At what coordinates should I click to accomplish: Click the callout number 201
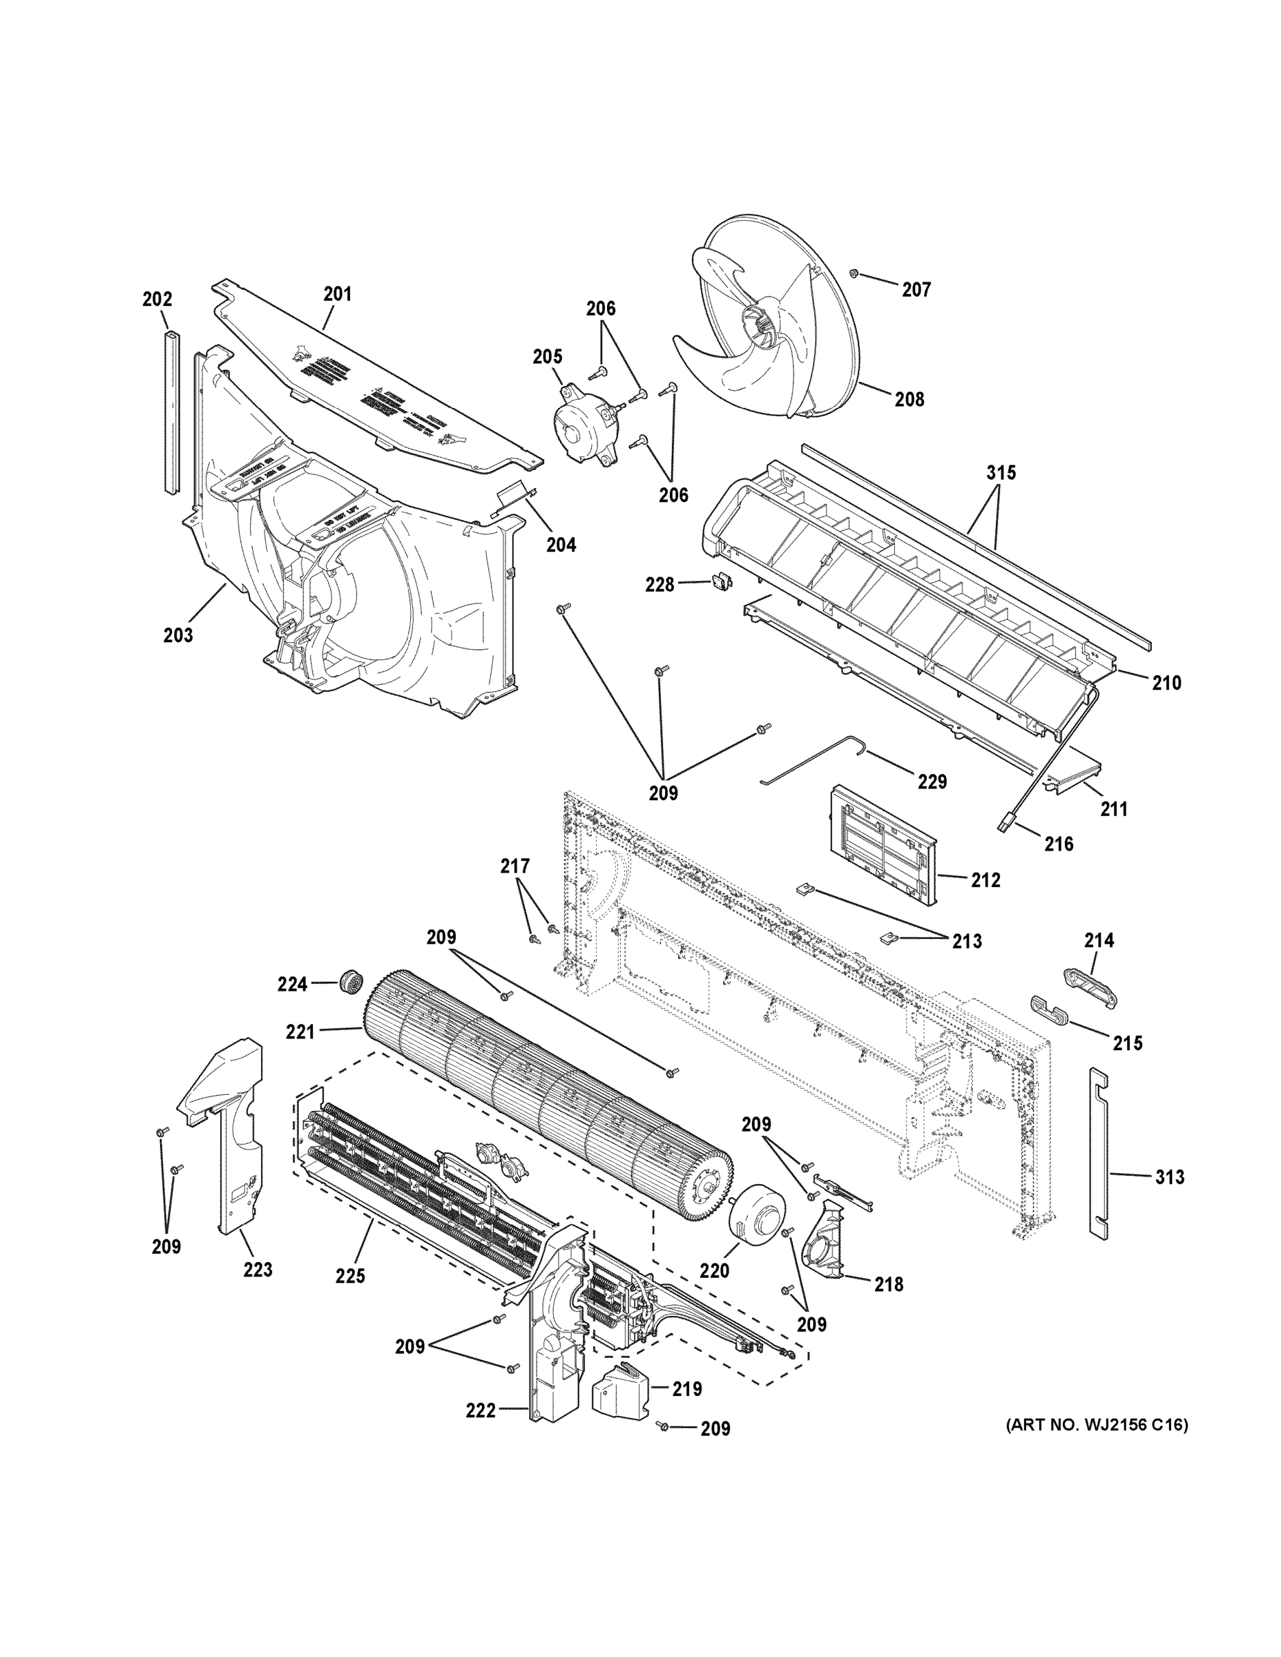[338, 293]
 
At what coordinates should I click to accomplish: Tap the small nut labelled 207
[854, 273]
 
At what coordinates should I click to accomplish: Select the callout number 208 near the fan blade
[909, 399]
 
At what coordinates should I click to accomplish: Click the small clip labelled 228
[720, 582]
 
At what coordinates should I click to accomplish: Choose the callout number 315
[1001, 473]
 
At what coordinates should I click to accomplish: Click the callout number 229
[932, 782]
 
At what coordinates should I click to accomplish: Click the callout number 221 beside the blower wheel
[300, 1032]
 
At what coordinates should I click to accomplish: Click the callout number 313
[1169, 1176]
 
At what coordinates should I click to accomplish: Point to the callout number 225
[350, 1276]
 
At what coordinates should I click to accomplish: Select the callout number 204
[561, 544]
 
